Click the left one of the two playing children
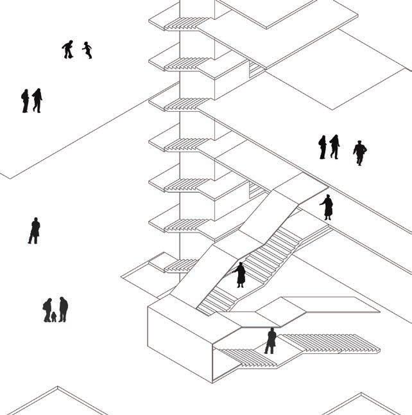pyautogui.click(x=68, y=49)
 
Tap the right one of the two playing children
pyautogui.click(x=87, y=49)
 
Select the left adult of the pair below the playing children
pyautogui.click(x=26, y=101)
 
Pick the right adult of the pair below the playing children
pyautogui.click(x=37, y=100)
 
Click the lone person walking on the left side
pyautogui.click(x=34, y=231)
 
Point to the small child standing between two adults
pyautogui.click(x=54, y=317)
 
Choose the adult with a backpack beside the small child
pyautogui.click(x=47, y=310)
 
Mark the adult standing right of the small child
pyautogui.click(x=63, y=309)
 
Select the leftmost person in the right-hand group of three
pyautogui.click(x=322, y=147)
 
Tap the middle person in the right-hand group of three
pyautogui.click(x=334, y=146)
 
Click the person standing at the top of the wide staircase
pyautogui.click(x=327, y=207)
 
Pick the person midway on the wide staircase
pyautogui.click(x=240, y=274)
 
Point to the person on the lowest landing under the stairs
pyautogui.click(x=271, y=340)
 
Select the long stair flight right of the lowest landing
pyautogui.click(x=327, y=343)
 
